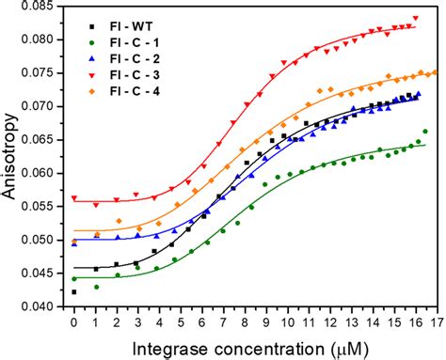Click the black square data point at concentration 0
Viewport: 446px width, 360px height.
74,291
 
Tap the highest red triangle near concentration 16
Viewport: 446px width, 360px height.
415,18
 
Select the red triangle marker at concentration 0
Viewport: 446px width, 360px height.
74,198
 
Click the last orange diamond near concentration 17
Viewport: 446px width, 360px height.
434,72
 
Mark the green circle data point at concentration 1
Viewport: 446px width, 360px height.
96,286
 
